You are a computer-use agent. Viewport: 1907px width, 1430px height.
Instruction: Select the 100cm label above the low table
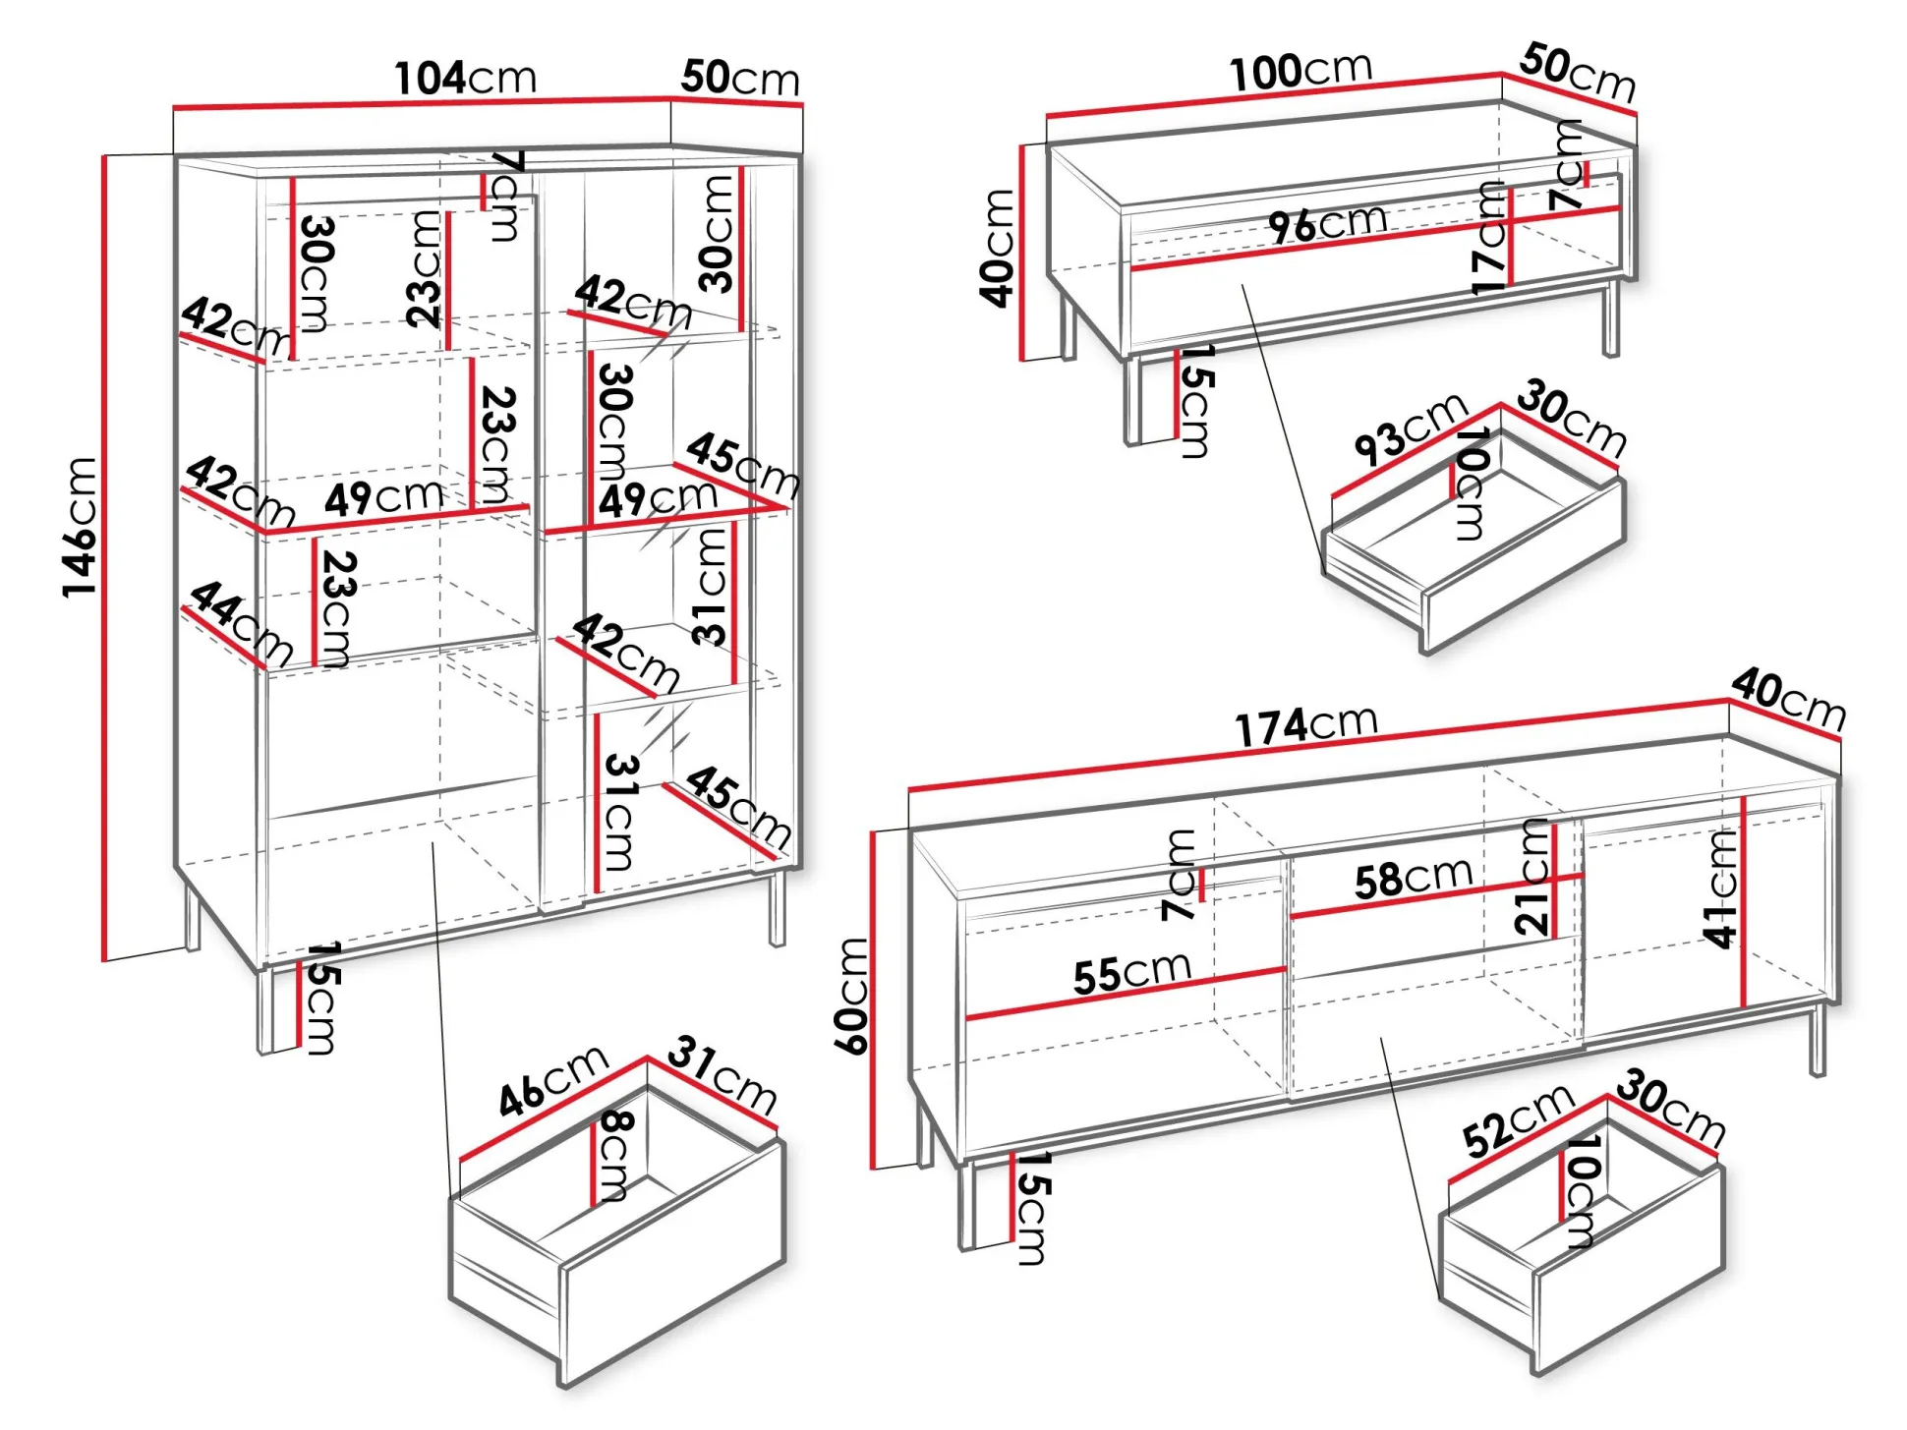(1300, 71)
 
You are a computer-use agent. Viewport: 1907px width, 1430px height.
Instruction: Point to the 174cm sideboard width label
(1305, 726)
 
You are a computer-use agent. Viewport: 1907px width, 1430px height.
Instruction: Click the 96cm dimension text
(1327, 223)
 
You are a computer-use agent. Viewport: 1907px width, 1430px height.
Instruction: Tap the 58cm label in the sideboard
(1413, 877)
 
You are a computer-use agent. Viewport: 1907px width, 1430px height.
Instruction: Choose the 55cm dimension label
(1131, 973)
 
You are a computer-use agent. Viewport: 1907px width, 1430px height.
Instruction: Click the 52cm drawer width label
(1517, 1120)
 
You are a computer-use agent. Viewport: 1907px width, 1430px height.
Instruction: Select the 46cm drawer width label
(552, 1081)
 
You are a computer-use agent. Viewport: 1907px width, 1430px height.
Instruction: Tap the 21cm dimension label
(1532, 876)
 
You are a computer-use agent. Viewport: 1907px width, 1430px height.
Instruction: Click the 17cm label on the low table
(1488, 239)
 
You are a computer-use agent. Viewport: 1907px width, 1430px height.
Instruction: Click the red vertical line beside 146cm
(103, 557)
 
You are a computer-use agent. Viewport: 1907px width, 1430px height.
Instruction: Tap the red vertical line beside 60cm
(872, 1000)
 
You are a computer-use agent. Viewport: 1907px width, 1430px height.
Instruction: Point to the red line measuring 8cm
(594, 1164)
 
